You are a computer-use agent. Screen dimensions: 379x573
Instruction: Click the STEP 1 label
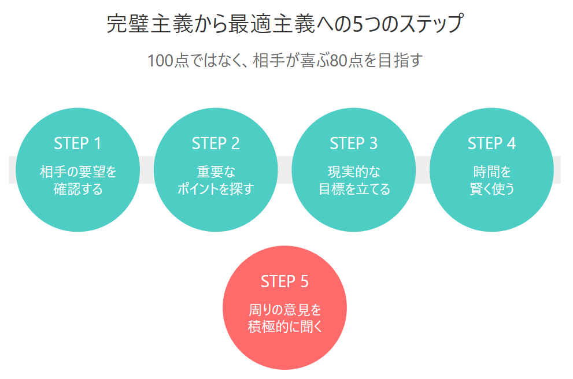tap(77, 143)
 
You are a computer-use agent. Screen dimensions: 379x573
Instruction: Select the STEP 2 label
tap(216, 143)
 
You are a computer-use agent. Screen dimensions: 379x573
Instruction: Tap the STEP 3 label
tap(354, 143)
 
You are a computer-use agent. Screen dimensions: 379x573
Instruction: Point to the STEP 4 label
tap(491, 143)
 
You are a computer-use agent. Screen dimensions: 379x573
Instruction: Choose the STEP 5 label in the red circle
tap(284, 281)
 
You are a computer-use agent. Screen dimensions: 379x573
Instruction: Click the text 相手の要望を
tap(77, 172)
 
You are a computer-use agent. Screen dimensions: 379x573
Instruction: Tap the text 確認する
tap(77, 189)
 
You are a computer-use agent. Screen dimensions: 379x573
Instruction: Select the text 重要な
tap(216, 172)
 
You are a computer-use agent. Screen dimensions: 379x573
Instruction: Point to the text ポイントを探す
tap(216, 189)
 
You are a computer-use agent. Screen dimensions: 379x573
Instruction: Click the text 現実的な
tap(354, 172)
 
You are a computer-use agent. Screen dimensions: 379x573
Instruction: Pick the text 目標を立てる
tap(354, 189)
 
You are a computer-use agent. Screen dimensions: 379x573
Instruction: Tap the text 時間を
tap(491, 172)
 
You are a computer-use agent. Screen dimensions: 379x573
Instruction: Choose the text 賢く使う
tap(491, 189)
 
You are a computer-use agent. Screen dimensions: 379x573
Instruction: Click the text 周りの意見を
tap(284, 310)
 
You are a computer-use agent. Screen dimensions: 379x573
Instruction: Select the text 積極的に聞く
tap(284, 327)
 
